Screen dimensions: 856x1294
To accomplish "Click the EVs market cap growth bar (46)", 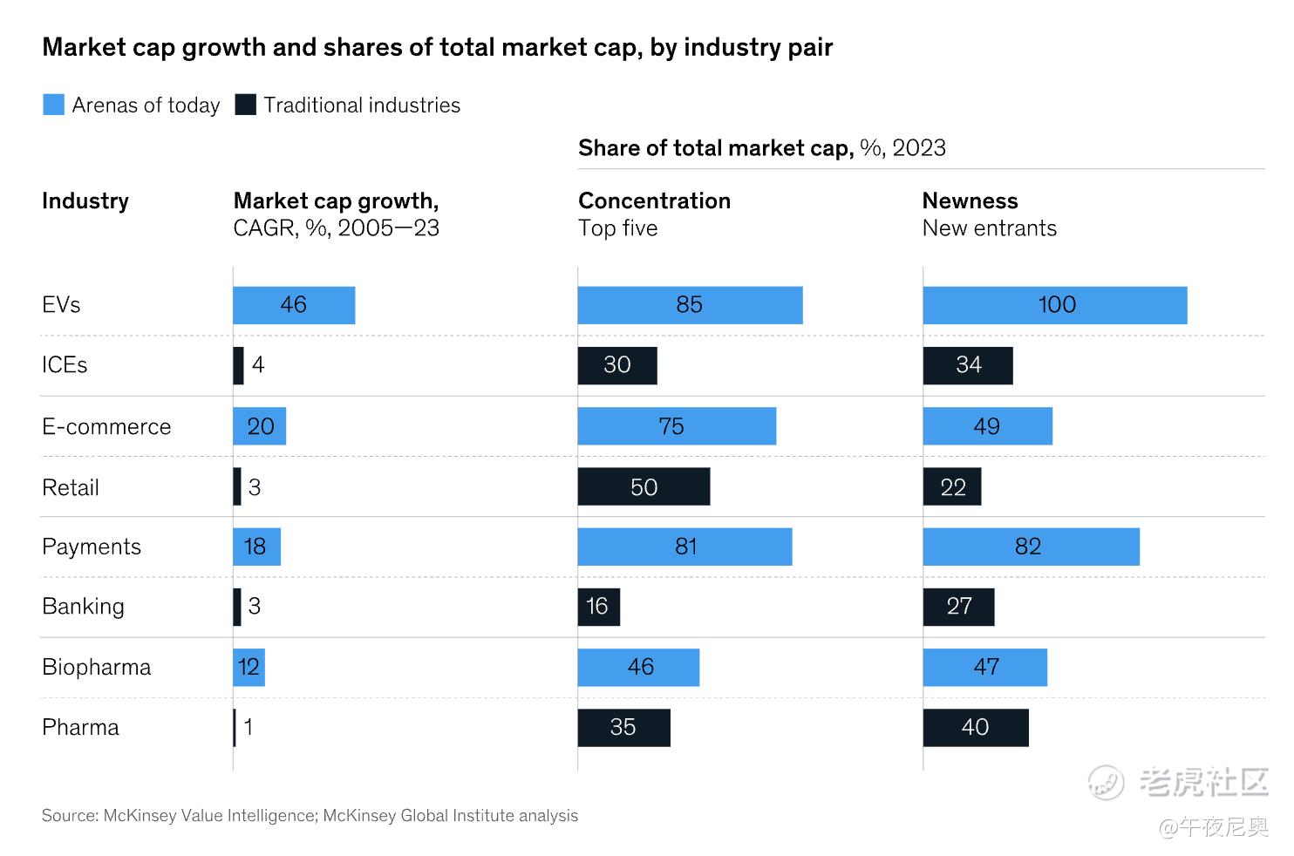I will click(x=294, y=305).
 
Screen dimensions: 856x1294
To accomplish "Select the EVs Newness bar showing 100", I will click(x=1055, y=305).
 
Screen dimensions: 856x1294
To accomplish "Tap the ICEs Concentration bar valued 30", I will click(x=617, y=365).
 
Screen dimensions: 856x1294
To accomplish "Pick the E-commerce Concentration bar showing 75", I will click(x=677, y=426).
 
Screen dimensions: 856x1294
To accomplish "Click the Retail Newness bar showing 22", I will click(x=952, y=486).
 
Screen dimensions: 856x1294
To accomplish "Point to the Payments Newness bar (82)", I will click(x=1031, y=547).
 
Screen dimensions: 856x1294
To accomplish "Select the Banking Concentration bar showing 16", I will click(x=598, y=607).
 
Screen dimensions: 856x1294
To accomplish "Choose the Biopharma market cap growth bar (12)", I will click(x=249, y=668).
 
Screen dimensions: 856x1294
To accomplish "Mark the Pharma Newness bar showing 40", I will click(x=976, y=728).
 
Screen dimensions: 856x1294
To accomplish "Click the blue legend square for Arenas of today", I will click(x=53, y=105).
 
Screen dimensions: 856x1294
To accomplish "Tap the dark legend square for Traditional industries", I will click(x=246, y=105).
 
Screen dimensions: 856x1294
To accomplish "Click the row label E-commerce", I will click(x=106, y=427).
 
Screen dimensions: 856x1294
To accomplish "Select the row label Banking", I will click(x=83, y=607).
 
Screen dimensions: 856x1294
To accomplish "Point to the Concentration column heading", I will click(x=654, y=201).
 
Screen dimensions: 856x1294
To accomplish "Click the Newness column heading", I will click(x=970, y=201).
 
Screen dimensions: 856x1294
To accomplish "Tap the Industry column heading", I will click(x=85, y=201).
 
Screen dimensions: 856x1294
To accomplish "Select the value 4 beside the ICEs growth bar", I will click(x=258, y=365).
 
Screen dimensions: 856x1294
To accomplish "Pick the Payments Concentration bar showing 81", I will click(x=684, y=547).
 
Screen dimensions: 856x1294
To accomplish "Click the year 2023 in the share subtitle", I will click(x=919, y=148).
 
